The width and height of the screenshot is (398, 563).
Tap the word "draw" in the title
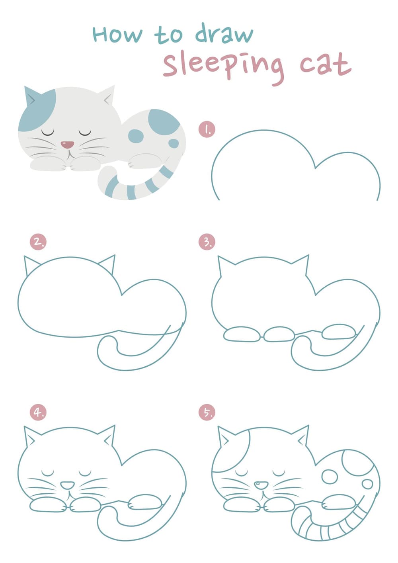pyautogui.click(x=224, y=33)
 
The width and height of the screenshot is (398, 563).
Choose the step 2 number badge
pyautogui.click(x=38, y=242)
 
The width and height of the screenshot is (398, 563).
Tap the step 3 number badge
pyautogui.click(x=207, y=242)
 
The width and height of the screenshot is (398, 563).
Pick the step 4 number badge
pyautogui.click(x=38, y=412)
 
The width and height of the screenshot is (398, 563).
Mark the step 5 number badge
pyautogui.click(x=207, y=412)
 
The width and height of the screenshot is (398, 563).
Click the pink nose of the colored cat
pyautogui.click(x=67, y=144)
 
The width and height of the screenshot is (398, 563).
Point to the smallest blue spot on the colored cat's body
pyautogui.click(x=174, y=144)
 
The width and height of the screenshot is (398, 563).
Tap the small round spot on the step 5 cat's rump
pyautogui.click(x=367, y=484)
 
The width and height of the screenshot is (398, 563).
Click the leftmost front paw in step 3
pyautogui.click(x=242, y=334)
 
